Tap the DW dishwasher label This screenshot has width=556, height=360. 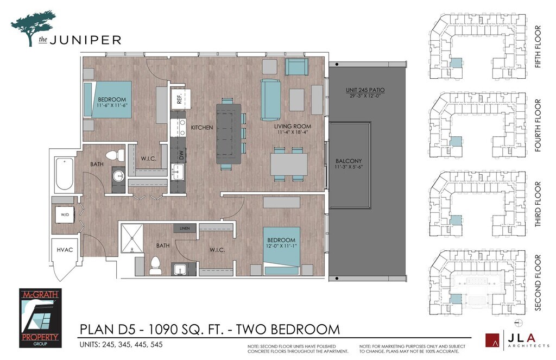pyautogui.click(x=181, y=155)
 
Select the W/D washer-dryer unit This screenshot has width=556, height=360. pyautogui.click(x=65, y=214)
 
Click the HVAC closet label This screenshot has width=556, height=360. pyautogui.click(x=65, y=250)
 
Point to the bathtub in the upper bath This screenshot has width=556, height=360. pyautogui.click(x=65, y=174)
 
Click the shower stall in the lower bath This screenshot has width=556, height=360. pyautogui.click(x=132, y=238)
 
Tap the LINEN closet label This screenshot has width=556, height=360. pyautogui.click(x=185, y=229)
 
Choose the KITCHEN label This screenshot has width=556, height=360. pyautogui.click(x=202, y=127)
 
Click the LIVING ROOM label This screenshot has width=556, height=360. pyautogui.click(x=293, y=127)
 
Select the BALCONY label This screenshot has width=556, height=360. pyautogui.click(x=349, y=161)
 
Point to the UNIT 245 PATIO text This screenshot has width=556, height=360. pyautogui.click(x=365, y=90)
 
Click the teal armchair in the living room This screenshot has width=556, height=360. pyautogui.click(x=296, y=67)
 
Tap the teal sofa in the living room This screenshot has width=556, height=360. pyautogui.click(x=270, y=100)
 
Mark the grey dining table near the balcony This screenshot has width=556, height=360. pyautogui.click(x=289, y=164)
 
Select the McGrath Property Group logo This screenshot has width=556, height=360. pyautogui.click(x=40, y=318)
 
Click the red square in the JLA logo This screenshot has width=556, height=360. pyautogui.click(x=492, y=340)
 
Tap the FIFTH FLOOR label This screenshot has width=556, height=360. pyautogui.click(x=538, y=47)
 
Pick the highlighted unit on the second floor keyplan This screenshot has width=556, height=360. pyautogui.click(x=456, y=298)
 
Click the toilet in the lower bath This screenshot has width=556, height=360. pyautogui.click(x=155, y=266)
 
